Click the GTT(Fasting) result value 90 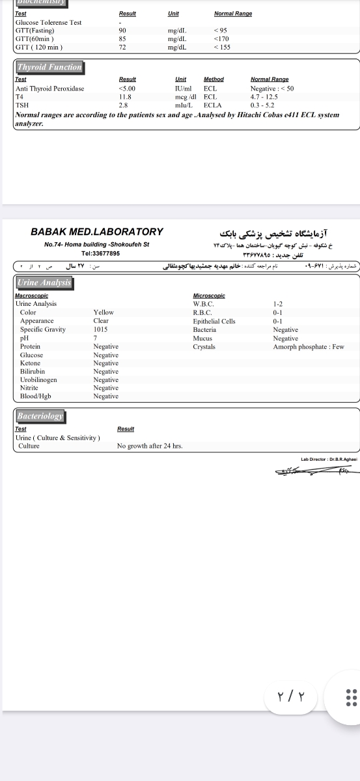122,31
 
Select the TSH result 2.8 122,105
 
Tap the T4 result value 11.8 125,96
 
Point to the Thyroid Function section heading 49,67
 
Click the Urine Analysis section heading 44,282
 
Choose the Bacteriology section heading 40,416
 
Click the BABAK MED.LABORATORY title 97,232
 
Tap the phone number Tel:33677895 100,253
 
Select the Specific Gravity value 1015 100,329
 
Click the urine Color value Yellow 104,312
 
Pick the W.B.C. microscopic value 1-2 278,304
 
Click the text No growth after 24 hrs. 150,446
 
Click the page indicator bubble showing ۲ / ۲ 291,698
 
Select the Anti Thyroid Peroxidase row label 49,89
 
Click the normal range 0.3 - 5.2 263,105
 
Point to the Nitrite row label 29,388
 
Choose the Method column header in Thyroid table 214,79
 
